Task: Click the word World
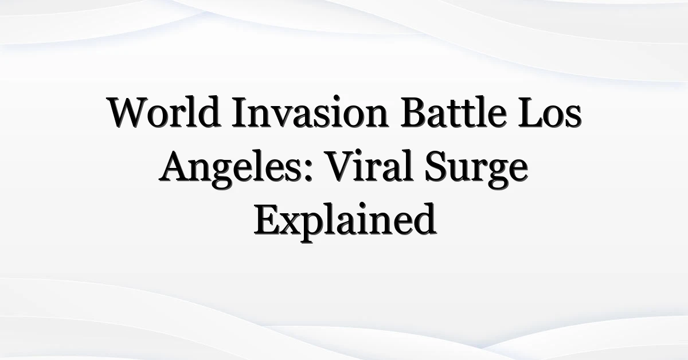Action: pyautogui.click(x=164, y=112)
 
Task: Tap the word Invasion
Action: pyautogui.click(x=311, y=112)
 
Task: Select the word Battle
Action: pyautogui.click(x=454, y=112)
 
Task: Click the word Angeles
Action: pyautogui.click(x=229, y=169)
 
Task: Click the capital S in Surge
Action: pyautogui.click(x=436, y=166)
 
